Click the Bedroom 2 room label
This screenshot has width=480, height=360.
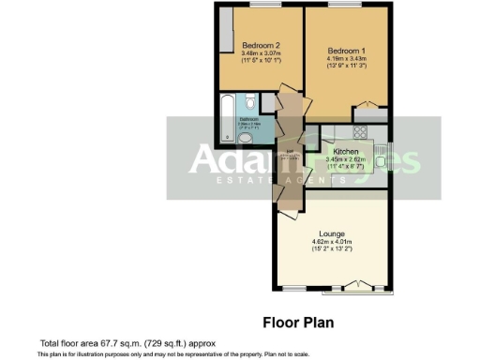(262, 45)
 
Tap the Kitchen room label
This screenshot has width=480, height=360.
(340, 150)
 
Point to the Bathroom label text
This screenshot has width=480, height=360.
(248, 120)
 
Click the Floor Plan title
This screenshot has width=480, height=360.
(297, 322)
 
